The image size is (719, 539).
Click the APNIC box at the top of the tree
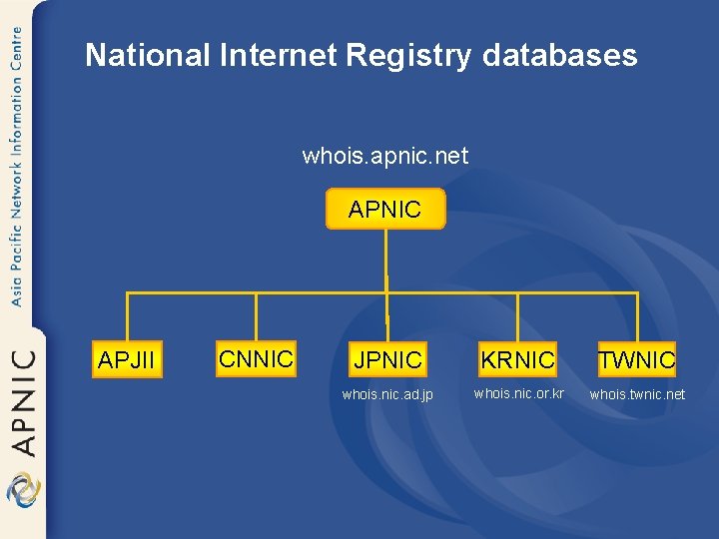pyautogui.click(x=385, y=210)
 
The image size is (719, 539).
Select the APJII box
pyautogui.click(x=127, y=359)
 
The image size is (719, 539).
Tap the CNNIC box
pyautogui.click(x=256, y=358)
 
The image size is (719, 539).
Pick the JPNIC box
pyautogui.click(x=387, y=359)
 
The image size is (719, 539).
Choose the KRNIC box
pyautogui.click(x=517, y=359)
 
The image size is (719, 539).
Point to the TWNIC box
pyautogui.click(x=636, y=359)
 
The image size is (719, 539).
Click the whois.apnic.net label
pyautogui.click(x=385, y=156)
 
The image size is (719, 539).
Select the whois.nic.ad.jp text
pyautogui.click(x=387, y=395)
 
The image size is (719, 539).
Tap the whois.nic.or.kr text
pyautogui.click(x=519, y=393)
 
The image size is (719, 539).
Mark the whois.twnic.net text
pyautogui.click(x=637, y=394)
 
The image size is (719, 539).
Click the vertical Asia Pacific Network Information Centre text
pyautogui.click(x=17, y=165)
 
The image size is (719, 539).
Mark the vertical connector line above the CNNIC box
pyautogui.click(x=257, y=317)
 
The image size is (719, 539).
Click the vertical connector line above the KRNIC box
pyautogui.click(x=517, y=318)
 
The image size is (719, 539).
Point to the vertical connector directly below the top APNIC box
pyautogui.click(x=386, y=262)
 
